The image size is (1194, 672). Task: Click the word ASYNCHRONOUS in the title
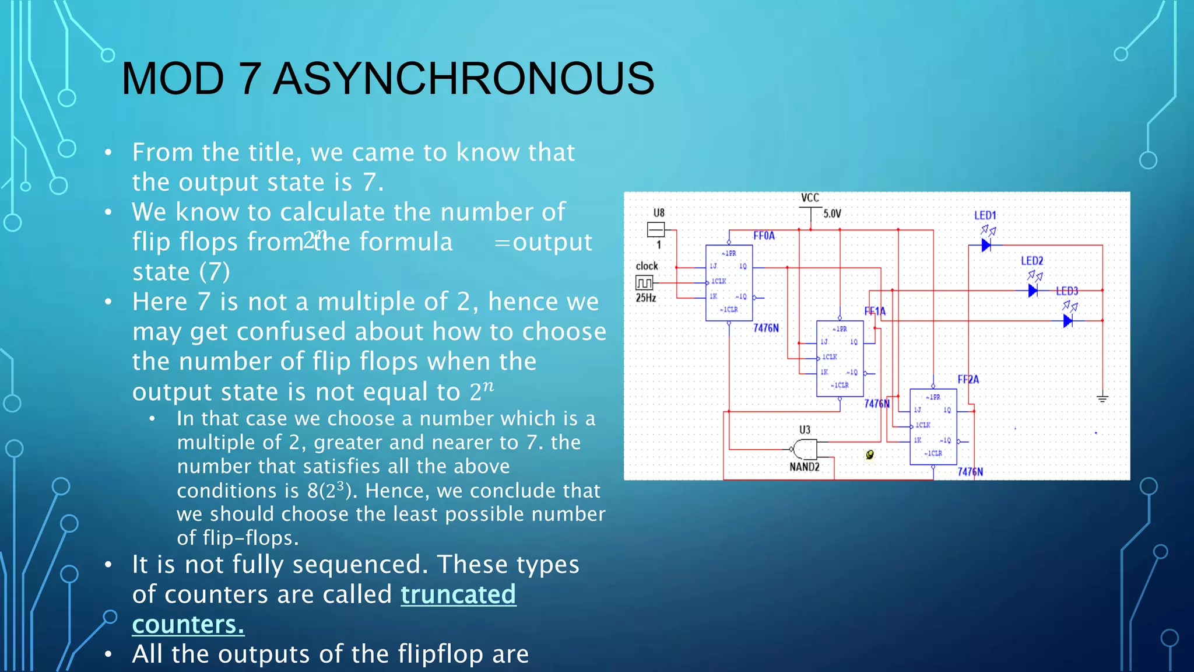tap(463, 79)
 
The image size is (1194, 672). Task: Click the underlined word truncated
tap(458, 594)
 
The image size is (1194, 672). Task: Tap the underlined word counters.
tap(188, 625)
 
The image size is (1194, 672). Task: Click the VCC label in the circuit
tap(810, 198)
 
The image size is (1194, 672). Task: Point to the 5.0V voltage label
tap(832, 213)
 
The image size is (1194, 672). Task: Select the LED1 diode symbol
tap(986, 245)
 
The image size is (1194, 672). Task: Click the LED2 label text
tap(1031, 261)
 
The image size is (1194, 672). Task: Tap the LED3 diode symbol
tap(1067, 321)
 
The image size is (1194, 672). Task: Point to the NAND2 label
tap(804, 467)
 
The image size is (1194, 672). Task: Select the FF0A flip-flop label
tap(764, 236)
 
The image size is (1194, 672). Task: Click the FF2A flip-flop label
tap(968, 379)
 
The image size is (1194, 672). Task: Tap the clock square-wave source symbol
tap(644, 283)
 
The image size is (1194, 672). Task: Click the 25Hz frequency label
tap(645, 298)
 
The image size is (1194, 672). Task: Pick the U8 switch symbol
tap(656, 230)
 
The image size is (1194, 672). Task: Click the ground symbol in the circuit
tap(1102, 398)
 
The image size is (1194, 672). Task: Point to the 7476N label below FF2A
tap(970, 471)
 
